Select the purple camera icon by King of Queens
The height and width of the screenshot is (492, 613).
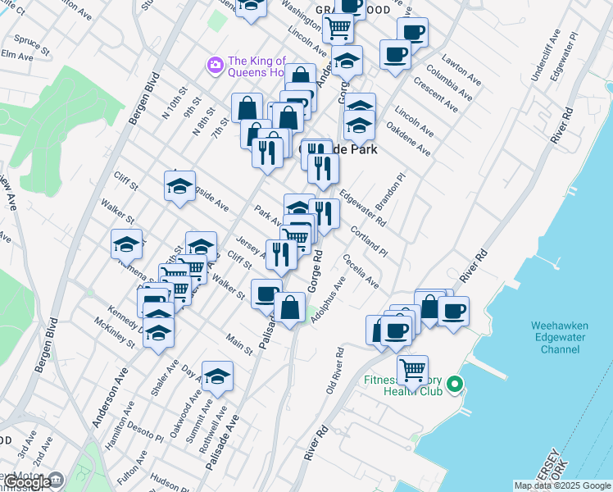click(x=216, y=64)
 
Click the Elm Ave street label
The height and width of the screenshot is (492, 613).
click(x=16, y=55)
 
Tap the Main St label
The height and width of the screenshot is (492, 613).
click(x=239, y=345)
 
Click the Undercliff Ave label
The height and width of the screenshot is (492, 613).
click(x=544, y=56)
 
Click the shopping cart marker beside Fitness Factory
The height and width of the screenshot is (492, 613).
click(x=412, y=369)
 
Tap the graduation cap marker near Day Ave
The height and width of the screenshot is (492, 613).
click(x=217, y=376)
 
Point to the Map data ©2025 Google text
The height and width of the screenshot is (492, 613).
click(x=562, y=485)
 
